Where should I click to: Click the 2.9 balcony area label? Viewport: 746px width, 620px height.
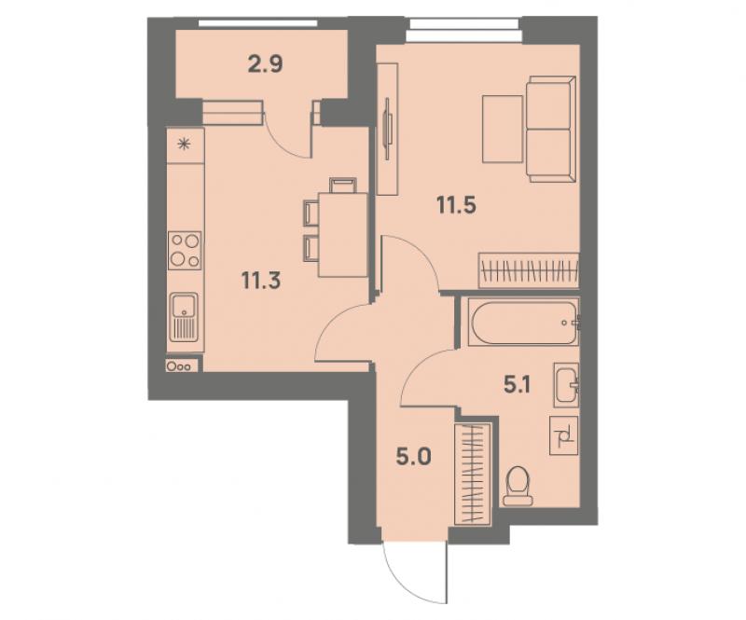(266, 63)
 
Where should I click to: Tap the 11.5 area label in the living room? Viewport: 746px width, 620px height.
(456, 205)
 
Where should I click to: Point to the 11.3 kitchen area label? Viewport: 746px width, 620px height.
(261, 280)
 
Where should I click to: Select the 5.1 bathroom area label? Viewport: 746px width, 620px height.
(518, 384)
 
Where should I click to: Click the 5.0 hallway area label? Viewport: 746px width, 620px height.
(414, 457)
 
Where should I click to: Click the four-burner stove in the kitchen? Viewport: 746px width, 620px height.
(185, 250)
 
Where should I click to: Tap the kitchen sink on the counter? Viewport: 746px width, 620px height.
(184, 317)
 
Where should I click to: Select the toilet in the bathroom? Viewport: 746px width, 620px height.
(518, 486)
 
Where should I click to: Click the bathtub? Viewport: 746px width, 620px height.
(523, 322)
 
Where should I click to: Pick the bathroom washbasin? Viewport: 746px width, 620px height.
(567, 385)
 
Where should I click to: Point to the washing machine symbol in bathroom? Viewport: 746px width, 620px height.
(564, 435)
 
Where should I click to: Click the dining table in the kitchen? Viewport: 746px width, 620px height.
(343, 234)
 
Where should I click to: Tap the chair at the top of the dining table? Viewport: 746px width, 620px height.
(343, 186)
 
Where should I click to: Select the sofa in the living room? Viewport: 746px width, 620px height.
(551, 129)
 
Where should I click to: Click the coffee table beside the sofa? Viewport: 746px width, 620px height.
(503, 129)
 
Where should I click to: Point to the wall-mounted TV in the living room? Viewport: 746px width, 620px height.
(388, 129)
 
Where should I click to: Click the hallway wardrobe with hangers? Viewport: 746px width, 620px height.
(473, 475)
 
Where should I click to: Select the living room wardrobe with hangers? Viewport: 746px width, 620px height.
(529, 270)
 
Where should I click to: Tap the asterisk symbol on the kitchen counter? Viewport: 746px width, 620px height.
(184, 144)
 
